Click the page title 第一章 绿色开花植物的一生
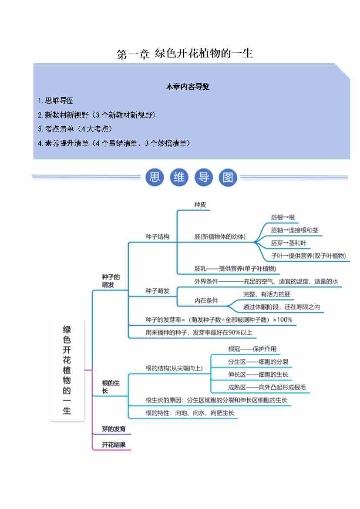185,54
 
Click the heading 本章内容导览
188,87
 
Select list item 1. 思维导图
56,101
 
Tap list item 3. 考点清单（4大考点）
75,129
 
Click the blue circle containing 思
155,177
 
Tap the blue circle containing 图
228,177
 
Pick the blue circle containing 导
204,177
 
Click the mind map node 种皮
200,205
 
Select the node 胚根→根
283,217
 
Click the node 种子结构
157,237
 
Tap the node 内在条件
206,300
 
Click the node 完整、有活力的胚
266,294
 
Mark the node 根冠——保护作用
252,349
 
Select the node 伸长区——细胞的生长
258,374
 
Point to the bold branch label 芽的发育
114,429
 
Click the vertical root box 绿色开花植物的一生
67,370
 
